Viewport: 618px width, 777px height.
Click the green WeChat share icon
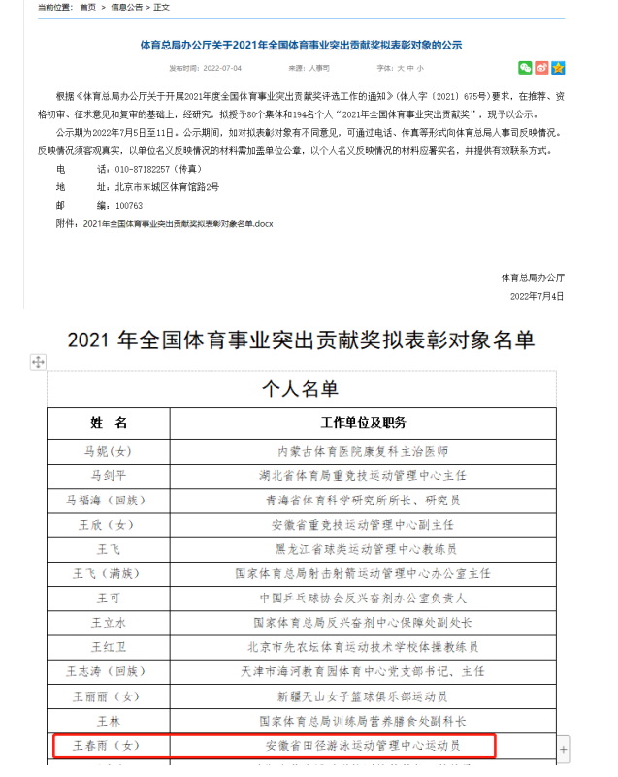pos(525,68)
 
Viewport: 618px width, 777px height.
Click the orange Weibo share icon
pos(541,68)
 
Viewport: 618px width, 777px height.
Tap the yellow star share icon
pos(558,68)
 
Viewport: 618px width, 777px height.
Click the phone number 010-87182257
pos(133,169)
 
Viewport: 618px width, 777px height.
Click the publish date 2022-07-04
pos(219,69)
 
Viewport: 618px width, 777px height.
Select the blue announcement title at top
pos(301,45)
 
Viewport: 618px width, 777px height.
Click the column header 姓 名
pos(109,423)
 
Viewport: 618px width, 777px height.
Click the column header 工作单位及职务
pos(363,423)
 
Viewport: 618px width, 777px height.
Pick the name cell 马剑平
pos(109,476)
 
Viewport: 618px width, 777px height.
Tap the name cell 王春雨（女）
pos(109,746)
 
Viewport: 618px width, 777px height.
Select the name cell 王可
pos(109,598)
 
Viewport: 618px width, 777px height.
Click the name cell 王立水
pos(109,623)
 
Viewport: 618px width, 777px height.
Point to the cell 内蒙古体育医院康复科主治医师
pos(363,452)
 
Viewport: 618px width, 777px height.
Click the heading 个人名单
pos(301,389)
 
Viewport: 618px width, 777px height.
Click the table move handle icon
pos(38,362)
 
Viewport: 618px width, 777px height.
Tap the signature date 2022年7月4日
pos(537,296)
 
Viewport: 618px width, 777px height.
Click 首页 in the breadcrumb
pos(88,7)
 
